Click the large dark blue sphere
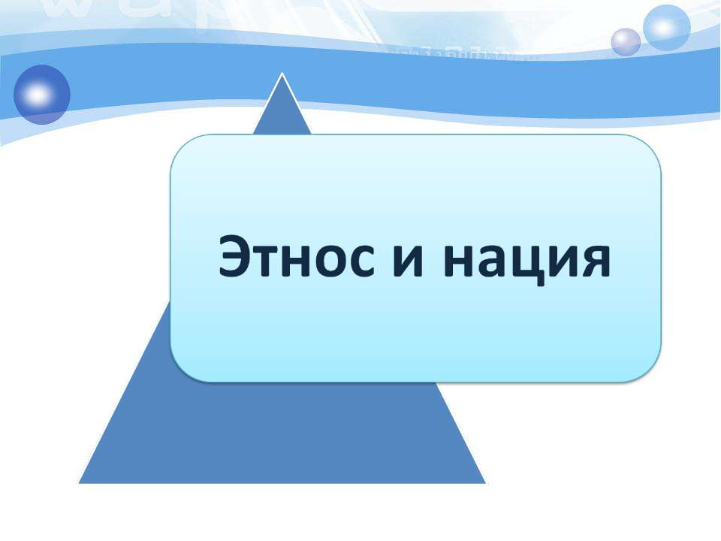[42, 95]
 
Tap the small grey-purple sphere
[626, 42]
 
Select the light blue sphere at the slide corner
[666, 28]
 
